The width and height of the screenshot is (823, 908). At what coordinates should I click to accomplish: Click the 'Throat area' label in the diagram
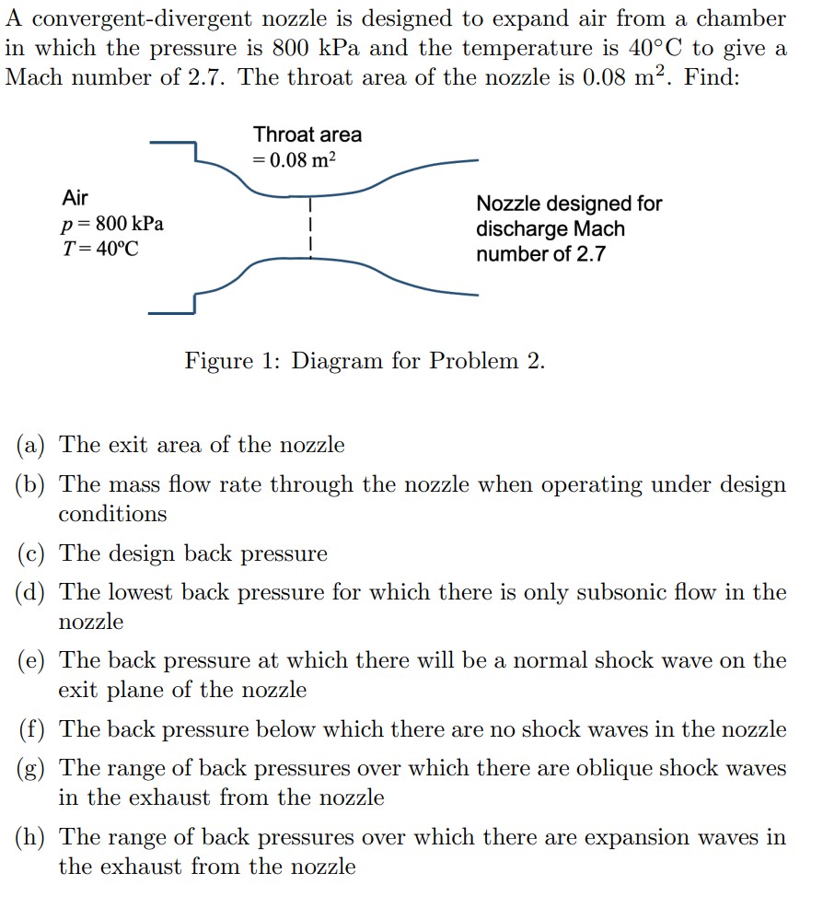(x=307, y=134)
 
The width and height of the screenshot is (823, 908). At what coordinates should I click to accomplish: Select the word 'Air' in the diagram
(x=75, y=197)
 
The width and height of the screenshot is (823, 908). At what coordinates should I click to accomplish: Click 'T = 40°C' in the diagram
(x=100, y=249)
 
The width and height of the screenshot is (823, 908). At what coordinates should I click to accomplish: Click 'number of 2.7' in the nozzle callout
(x=540, y=254)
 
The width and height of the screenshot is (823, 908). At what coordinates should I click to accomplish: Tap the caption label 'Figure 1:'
(x=234, y=360)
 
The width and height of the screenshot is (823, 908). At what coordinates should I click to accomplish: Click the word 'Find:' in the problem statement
(x=713, y=76)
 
